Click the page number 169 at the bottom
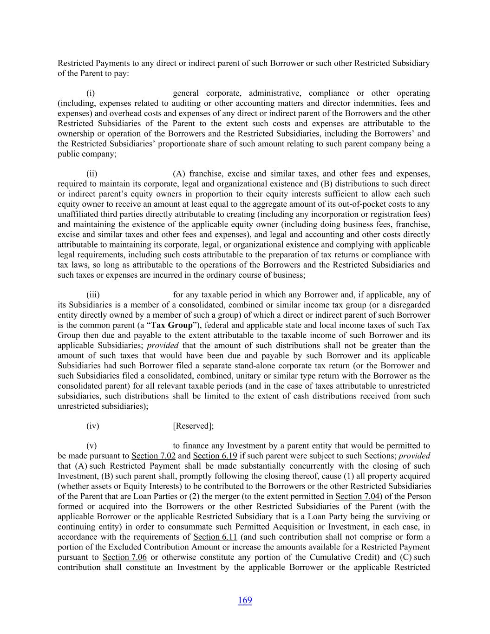click(x=245, y=600)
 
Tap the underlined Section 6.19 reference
click(x=215, y=456)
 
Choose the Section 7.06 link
click(x=124, y=557)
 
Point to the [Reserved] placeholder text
click(x=193, y=426)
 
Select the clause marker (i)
click(x=91, y=93)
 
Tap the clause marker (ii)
click(x=91, y=174)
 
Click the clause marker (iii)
click(x=93, y=294)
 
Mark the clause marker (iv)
click(x=92, y=426)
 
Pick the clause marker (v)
click(x=91, y=446)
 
